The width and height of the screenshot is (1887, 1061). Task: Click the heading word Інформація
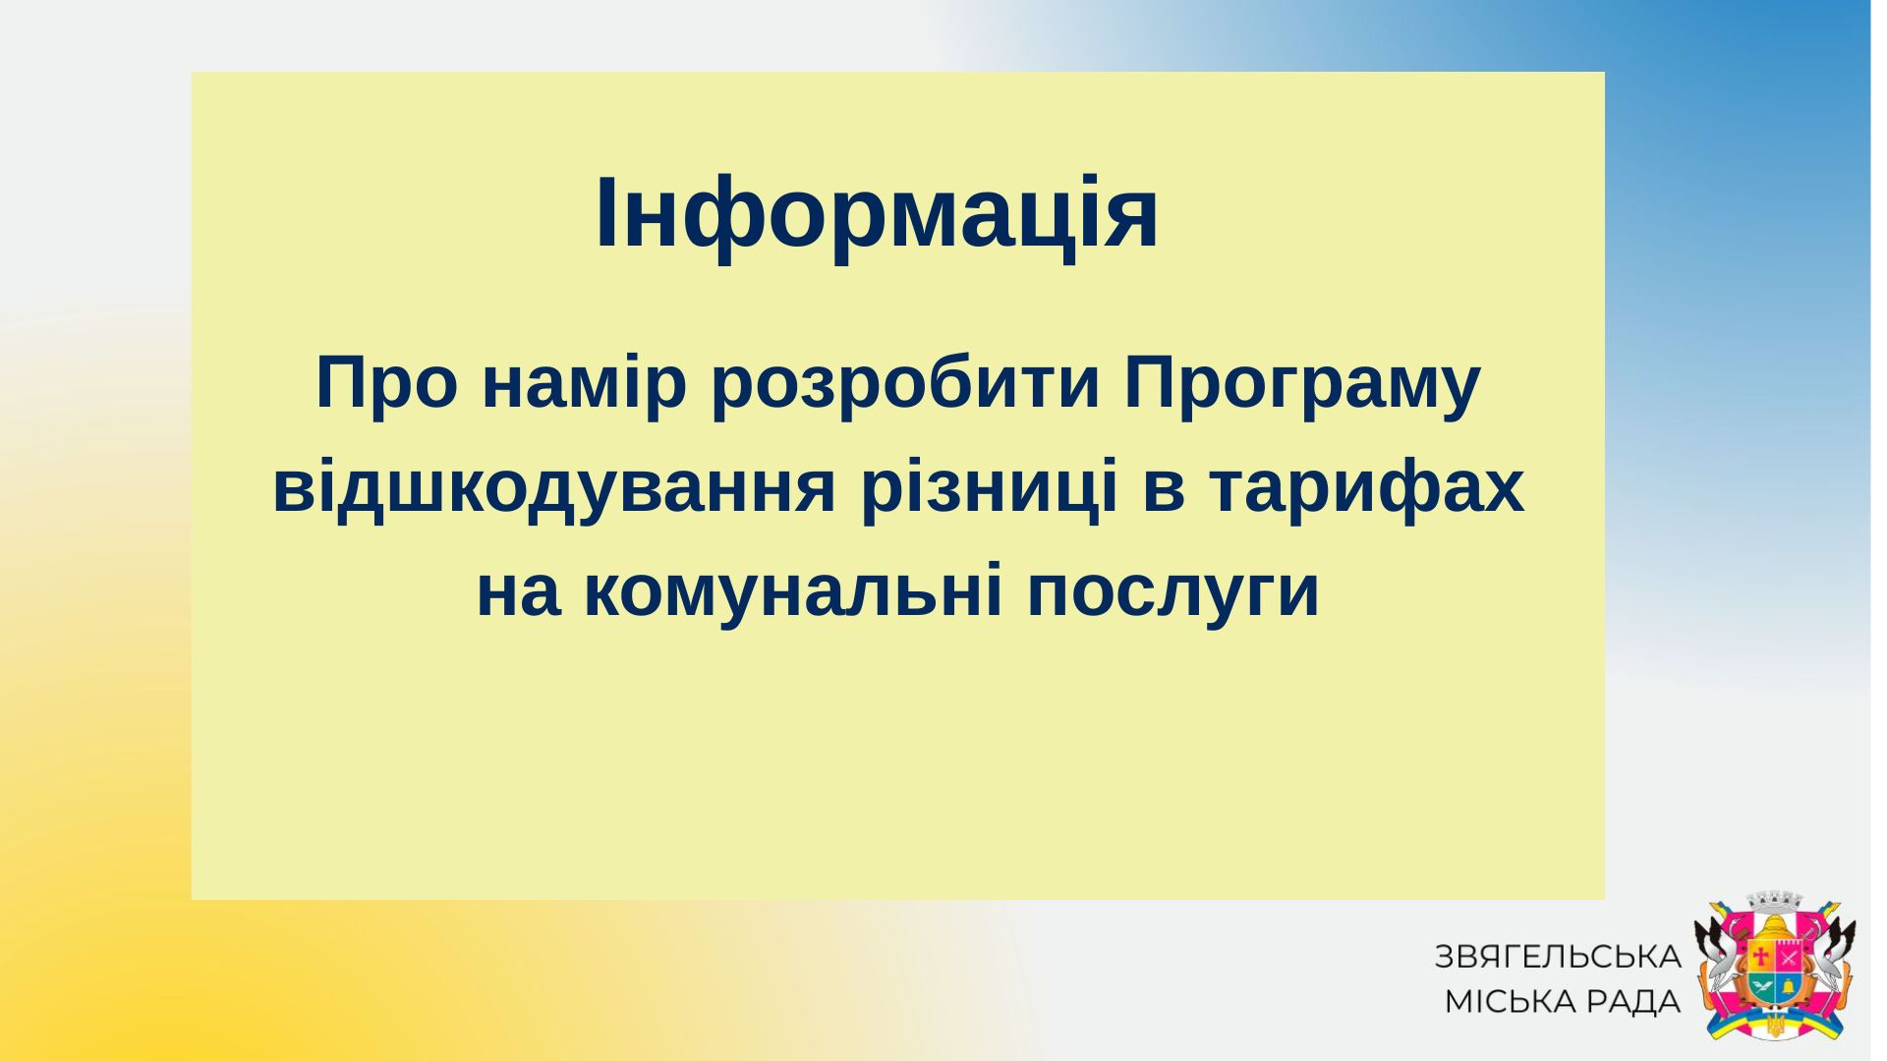pos(877,213)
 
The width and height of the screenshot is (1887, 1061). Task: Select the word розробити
pos(905,384)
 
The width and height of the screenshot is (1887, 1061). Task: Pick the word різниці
pos(987,488)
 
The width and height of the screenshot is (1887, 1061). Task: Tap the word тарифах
pos(1366,488)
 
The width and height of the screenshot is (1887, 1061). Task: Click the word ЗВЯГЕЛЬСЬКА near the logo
pos(1558,957)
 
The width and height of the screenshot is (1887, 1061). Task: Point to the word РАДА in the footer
pos(1640,1002)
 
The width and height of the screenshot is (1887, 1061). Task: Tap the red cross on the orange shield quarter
pos(1761,956)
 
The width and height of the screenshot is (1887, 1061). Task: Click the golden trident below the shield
pos(1775,1026)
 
